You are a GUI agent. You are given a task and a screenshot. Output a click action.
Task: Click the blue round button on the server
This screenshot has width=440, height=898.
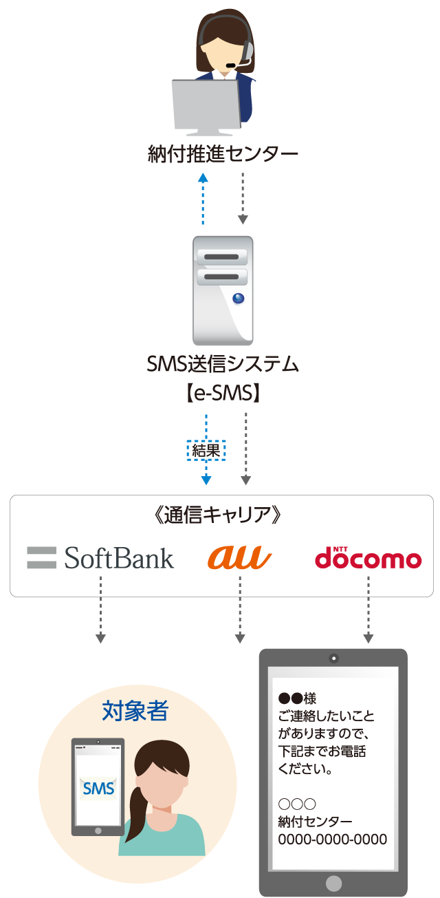point(238,299)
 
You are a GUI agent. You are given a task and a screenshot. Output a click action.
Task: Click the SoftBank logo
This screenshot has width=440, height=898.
point(101,557)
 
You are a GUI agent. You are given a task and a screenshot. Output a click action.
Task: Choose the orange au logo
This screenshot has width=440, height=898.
point(239,557)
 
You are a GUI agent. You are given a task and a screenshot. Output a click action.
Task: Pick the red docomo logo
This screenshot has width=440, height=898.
point(368,557)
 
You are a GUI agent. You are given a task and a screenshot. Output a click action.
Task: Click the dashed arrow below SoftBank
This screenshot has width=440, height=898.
point(100,609)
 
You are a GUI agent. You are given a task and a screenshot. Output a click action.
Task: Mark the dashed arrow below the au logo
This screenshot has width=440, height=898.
point(239,609)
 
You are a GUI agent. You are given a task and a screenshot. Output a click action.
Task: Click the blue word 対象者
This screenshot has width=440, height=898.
point(135,711)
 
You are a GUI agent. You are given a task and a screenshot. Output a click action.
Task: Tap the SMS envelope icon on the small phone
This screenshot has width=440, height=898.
point(98,789)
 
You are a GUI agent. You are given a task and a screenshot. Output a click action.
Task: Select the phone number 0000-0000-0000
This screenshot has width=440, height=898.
point(332,840)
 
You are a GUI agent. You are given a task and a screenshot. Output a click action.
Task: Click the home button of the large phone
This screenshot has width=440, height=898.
point(333,883)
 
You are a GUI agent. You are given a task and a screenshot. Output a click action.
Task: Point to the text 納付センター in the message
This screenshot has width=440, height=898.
point(315,822)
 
